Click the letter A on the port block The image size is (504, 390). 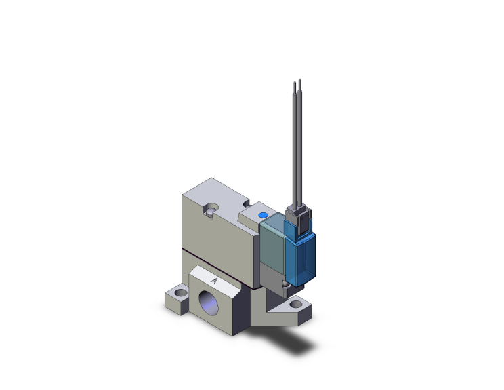click(214, 280)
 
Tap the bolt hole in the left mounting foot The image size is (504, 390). click(179, 294)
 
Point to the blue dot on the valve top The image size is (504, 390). click(264, 216)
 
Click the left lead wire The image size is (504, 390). click(295, 149)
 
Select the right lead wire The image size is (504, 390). click(299, 149)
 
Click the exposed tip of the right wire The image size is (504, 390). click(299, 83)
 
